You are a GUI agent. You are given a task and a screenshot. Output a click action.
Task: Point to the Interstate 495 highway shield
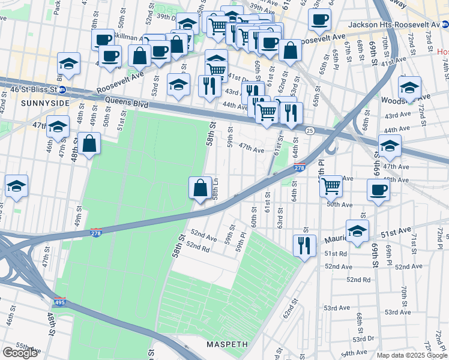point(59,304)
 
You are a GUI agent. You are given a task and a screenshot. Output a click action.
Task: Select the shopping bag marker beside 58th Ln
point(200,188)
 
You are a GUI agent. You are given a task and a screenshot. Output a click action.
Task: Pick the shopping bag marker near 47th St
point(89,145)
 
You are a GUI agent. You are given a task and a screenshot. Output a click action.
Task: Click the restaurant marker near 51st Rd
point(304,245)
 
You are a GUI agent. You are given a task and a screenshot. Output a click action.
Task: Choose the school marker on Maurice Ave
point(357,231)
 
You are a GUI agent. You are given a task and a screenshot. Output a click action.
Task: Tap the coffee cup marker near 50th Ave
point(378,190)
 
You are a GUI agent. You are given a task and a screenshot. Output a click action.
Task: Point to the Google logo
point(20,353)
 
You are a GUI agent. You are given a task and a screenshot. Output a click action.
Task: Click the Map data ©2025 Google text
point(412,355)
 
